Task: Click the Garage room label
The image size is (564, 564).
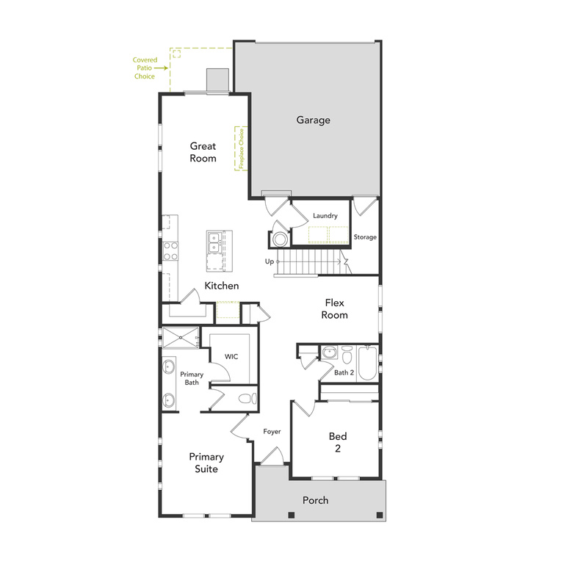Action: pyautogui.click(x=314, y=120)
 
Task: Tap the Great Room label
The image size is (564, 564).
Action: pyautogui.click(x=203, y=152)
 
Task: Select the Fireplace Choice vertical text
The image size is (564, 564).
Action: pyautogui.click(x=239, y=149)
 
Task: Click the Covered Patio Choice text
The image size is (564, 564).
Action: pyautogui.click(x=144, y=68)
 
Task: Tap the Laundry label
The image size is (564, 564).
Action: pyautogui.click(x=325, y=216)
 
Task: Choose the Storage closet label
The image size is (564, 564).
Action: pyautogui.click(x=365, y=237)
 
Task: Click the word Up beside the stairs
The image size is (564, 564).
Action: pyautogui.click(x=270, y=261)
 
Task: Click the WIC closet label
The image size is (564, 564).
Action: pyautogui.click(x=231, y=357)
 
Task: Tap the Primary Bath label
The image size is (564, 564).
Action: pyautogui.click(x=192, y=378)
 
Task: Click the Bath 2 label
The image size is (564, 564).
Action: pyautogui.click(x=344, y=373)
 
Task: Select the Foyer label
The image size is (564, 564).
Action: pyautogui.click(x=272, y=432)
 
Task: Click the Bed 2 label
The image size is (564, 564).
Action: pyautogui.click(x=338, y=442)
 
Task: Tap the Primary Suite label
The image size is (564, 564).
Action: pyautogui.click(x=206, y=463)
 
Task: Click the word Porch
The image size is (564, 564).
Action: pyautogui.click(x=316, y=501)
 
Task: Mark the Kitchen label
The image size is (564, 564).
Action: pyautogui.click(x=222, y=286)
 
